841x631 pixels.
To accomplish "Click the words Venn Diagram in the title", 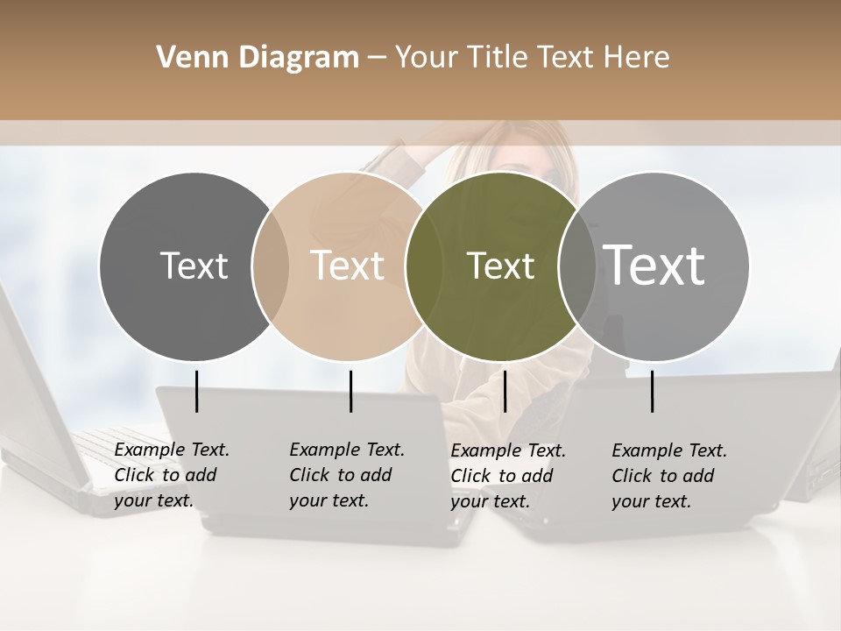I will tap(258, 58).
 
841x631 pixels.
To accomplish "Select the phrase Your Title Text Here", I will tap(532, 58).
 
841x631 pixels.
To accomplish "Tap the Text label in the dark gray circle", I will tap(194, 266).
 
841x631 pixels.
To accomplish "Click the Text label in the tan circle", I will tap(347, 266).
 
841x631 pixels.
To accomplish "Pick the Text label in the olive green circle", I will tap(500, 266).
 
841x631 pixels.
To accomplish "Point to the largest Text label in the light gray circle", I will tap(654, 265).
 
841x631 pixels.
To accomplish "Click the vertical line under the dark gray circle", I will tap(196, 391).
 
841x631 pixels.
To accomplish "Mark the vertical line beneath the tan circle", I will tap(350, 391).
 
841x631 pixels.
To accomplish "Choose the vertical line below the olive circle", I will tap(505, 391).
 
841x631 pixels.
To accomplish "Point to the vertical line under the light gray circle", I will tap(652, 391).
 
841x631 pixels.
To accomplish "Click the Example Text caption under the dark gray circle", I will tap(172, 475).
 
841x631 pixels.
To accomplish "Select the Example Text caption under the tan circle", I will tap(347, 475).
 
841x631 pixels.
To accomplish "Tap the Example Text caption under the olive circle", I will tap(508, 476).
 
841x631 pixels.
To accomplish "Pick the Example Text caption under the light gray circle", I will tap(669, 476).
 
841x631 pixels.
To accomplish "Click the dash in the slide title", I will tap(377, 59).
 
